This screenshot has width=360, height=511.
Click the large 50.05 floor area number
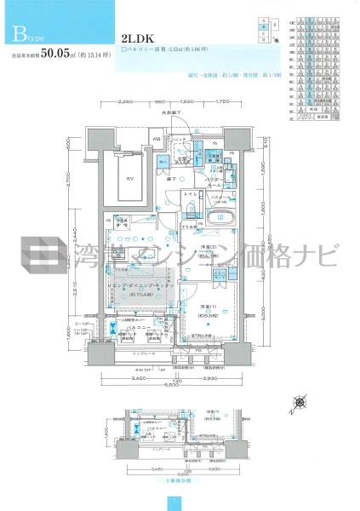tap(62, 53)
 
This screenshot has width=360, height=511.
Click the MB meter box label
tap(157, 140)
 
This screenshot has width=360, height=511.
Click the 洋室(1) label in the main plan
tap(206, 309)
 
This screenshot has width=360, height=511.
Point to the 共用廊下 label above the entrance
tap(170, 112)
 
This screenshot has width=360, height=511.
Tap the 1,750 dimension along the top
tap(222, 103)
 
